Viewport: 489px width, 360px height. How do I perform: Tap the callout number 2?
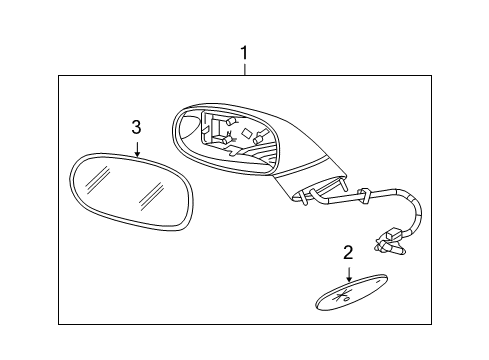pos(348,252)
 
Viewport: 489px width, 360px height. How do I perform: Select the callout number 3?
pos(137,126)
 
